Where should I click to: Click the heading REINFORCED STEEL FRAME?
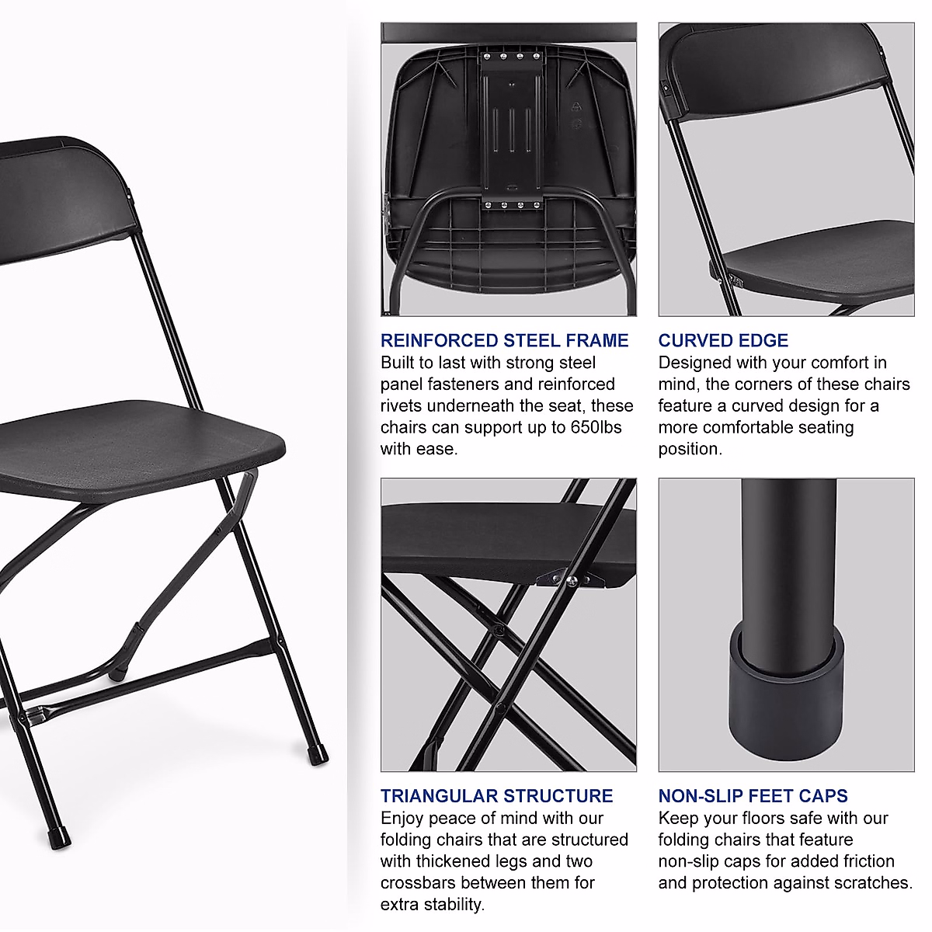pos(504,340)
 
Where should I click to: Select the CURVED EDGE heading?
pos(723,340)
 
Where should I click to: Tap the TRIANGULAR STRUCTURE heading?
pos(496,796)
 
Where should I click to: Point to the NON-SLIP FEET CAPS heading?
pos(753,796)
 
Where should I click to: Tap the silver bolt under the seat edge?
pos(572,581)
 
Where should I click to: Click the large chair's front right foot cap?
pos(318,753)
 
